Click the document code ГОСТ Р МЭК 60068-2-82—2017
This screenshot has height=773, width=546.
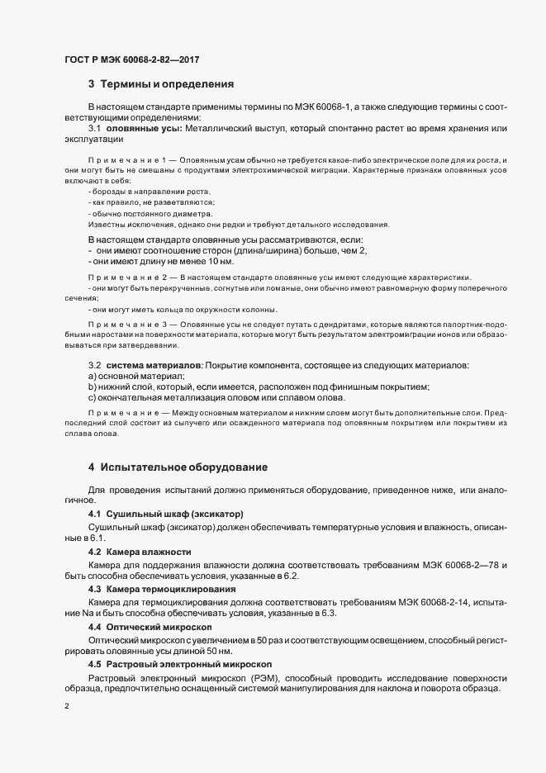click(131, 60)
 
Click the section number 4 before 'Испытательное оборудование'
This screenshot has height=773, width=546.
click(91, 468)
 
